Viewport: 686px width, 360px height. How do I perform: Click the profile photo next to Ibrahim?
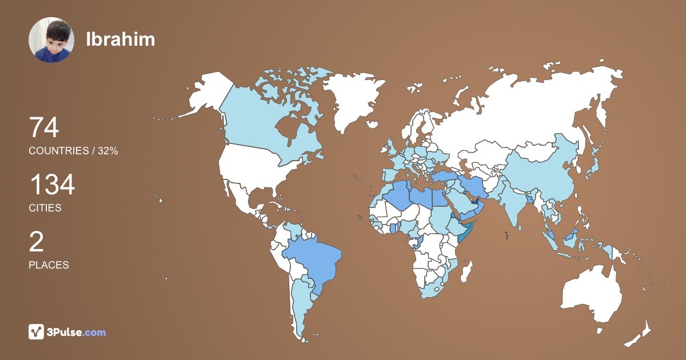tap(51, 40)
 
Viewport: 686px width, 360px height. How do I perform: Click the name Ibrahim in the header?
tap(120, 39)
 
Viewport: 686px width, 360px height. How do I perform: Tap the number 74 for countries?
tap(44, 127)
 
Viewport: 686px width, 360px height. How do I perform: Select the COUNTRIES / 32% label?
tap(73, 150)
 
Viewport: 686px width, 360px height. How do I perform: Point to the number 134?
tap(52, 185)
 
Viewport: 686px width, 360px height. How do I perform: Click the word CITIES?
tap(45, 208)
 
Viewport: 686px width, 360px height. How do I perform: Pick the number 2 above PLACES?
tap(36, 242)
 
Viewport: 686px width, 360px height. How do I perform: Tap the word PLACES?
tap(49, 265)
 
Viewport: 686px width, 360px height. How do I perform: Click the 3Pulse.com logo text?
tap(77, 332)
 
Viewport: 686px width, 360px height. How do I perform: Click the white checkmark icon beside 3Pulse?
tap(36, 332)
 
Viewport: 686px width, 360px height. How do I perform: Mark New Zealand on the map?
tap(640, 334)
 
